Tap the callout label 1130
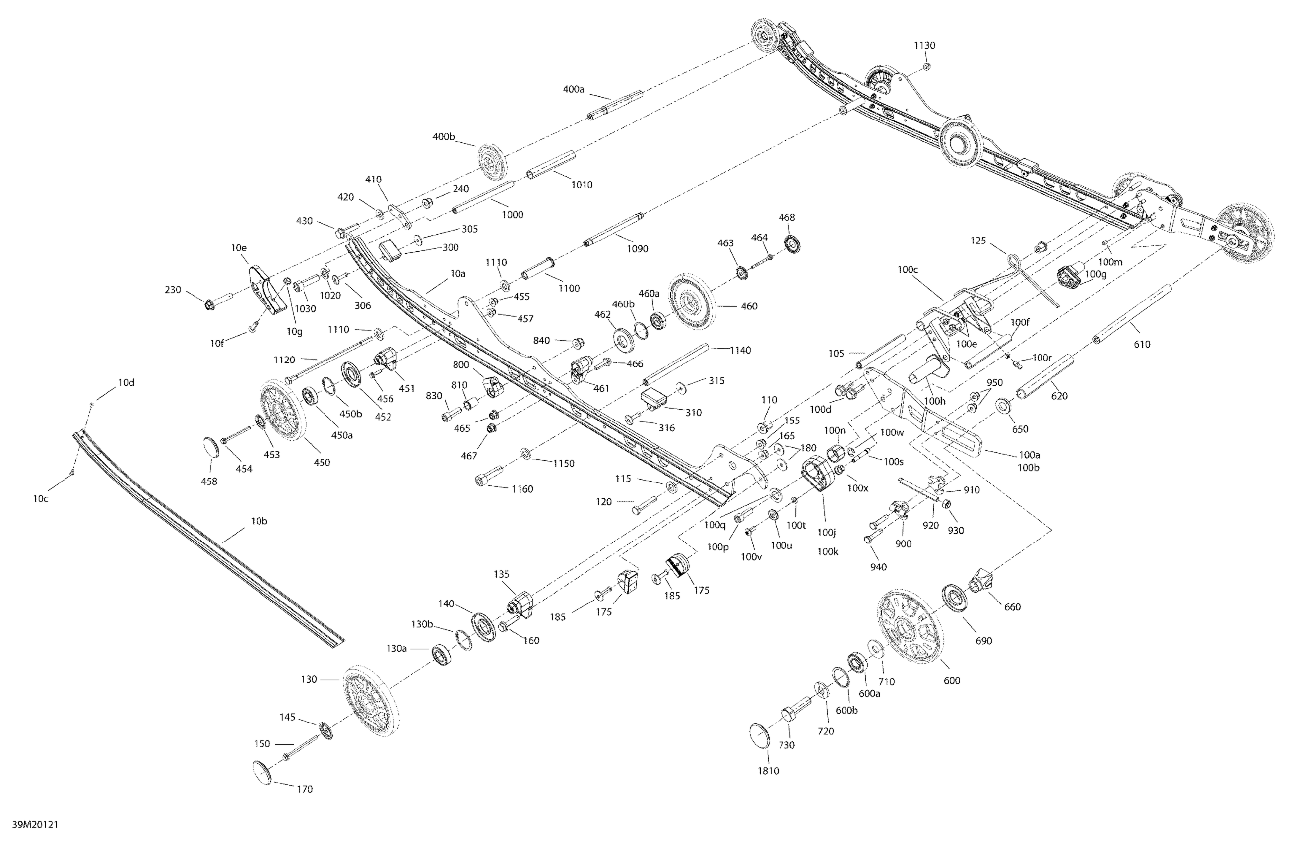(x=924, y=45)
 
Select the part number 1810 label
(x=768, y=770)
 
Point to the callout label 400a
(x=574, y=89)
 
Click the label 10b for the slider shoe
(x=259, y=521)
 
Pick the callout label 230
(x=173, y=290)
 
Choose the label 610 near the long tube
(x=1142, y=344)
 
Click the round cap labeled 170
(x=262, y=773)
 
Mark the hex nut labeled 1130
(x=927, y=66)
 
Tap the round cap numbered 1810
(x=759, y=736)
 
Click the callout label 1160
(x=522, y=489)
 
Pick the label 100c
(x=908, y=269)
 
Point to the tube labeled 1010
(x=551, y=165)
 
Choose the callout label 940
(x=878, y=567)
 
